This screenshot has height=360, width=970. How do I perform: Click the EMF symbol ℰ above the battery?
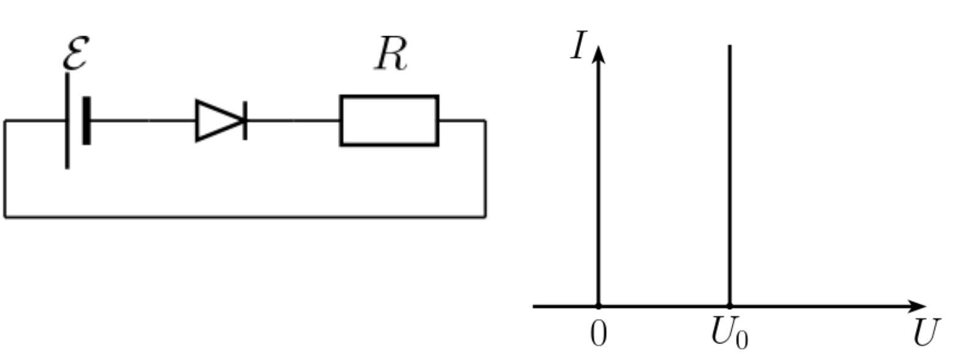77,53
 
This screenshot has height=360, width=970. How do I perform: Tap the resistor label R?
391,54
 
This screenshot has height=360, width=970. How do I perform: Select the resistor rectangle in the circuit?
389,121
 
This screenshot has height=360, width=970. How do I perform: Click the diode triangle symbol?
220,121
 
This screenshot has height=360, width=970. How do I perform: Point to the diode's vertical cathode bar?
245,121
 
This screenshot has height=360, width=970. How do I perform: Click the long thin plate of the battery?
67,121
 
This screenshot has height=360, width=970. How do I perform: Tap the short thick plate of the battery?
86,121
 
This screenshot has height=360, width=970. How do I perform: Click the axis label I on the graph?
579,45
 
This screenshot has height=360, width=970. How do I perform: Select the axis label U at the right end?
927,332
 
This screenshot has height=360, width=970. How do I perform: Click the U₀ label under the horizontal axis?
729,334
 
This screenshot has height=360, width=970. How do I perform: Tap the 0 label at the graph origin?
598,334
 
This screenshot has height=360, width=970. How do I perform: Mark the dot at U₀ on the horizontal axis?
730,306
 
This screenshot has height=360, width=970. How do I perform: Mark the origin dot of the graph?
598,306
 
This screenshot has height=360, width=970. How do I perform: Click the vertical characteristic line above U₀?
730,175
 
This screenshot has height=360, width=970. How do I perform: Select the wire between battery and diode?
143,121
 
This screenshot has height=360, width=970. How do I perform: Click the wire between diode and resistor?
293,121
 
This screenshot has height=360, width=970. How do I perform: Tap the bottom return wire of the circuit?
245,216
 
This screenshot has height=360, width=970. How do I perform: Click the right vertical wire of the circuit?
485,168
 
